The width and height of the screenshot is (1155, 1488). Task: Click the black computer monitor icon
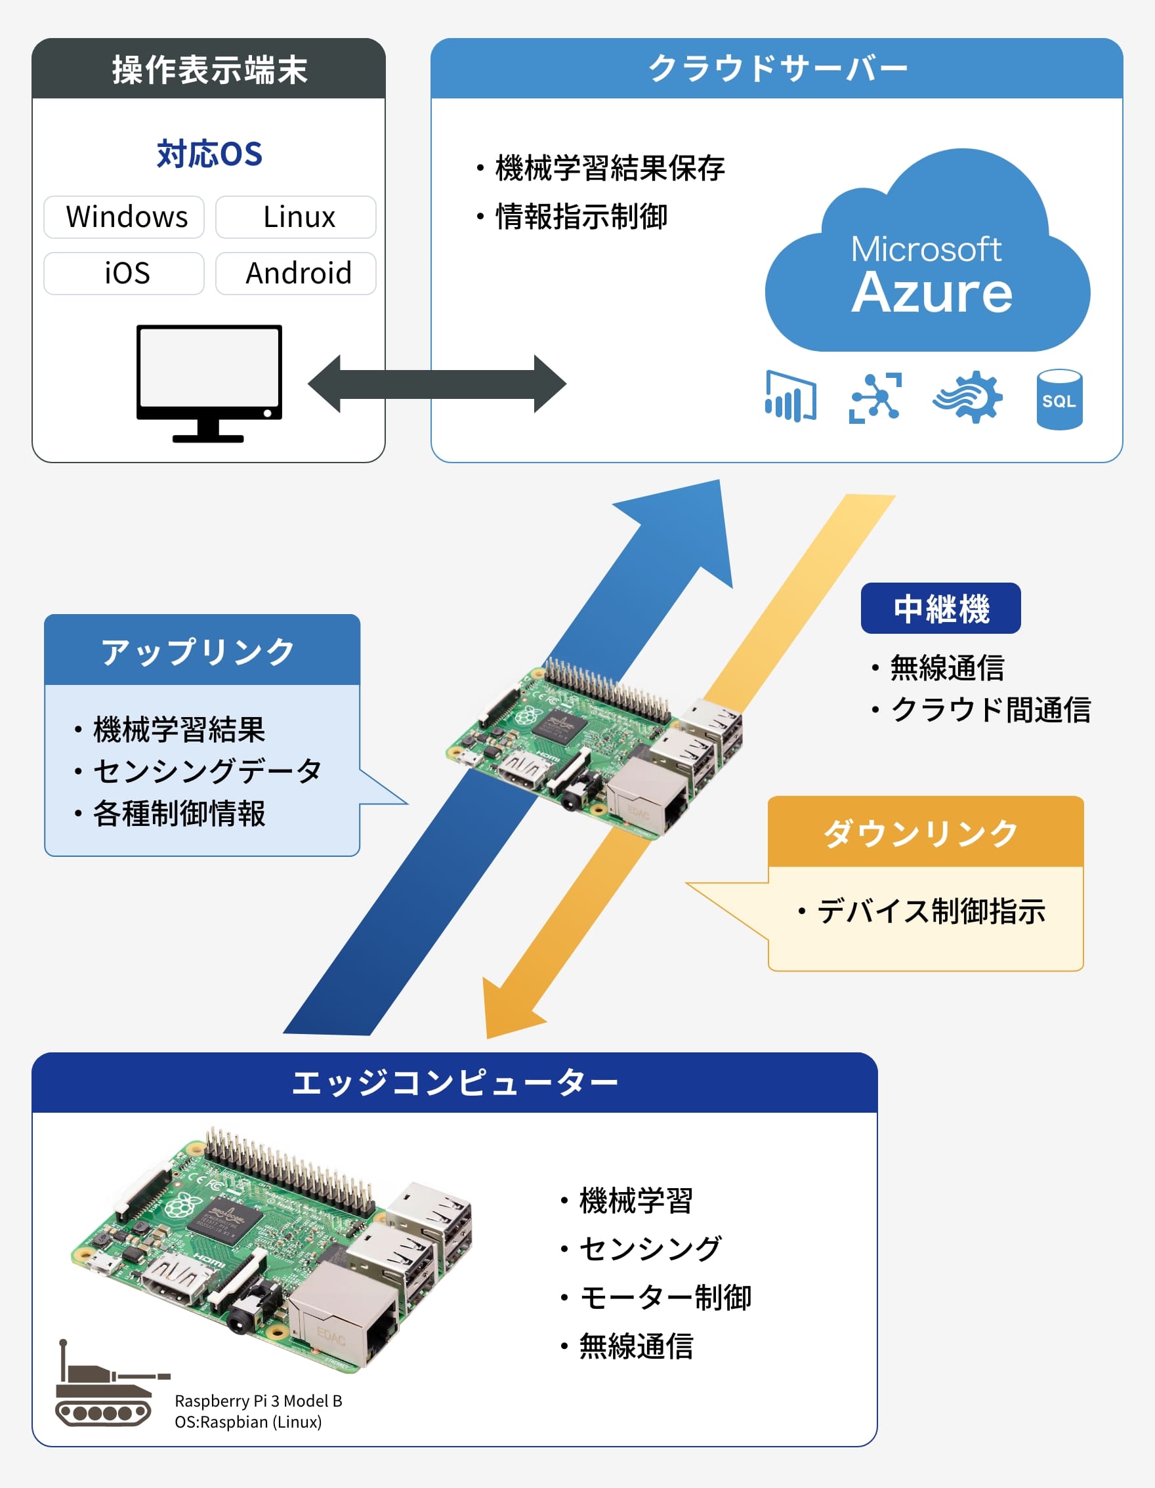[209, 382]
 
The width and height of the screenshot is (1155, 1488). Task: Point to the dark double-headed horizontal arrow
[437, 384]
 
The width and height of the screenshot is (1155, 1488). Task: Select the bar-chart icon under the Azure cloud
[790, 396]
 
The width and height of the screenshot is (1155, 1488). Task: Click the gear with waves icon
[968, 397]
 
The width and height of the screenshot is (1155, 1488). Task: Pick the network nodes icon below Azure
[875, 398]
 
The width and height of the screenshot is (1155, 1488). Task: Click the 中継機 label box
[940, 608]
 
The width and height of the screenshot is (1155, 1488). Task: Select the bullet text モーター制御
[664, 1297]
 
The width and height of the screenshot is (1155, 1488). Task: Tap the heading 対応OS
[209, 154]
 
